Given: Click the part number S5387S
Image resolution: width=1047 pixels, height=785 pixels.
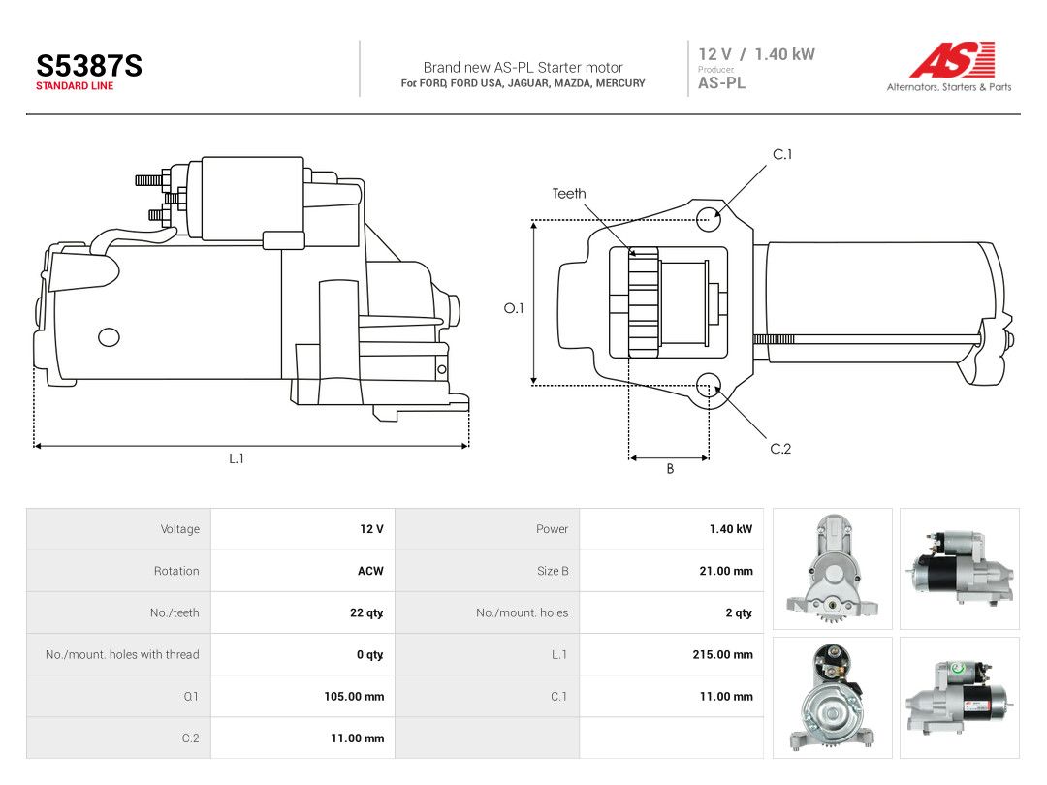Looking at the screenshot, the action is [x=89, y=66].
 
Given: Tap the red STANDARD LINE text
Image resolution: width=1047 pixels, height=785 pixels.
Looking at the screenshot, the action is [x=75, y=86].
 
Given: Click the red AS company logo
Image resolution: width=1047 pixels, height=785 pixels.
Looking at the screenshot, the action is [x=953, y=59].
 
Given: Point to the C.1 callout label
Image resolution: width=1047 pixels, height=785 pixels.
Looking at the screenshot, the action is [x=782, y=154].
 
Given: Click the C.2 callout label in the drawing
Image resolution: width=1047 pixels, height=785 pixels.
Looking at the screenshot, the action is [x=780, y=449].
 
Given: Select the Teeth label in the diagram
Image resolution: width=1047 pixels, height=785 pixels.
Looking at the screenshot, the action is [x=569, y=194].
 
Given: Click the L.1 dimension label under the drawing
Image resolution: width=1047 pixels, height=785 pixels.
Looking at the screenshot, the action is [x=237, y=458].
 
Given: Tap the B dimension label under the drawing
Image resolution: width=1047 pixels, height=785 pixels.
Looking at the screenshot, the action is [x=670, y=469].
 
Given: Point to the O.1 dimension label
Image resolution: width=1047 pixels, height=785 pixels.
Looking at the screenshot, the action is [x=514, y=308].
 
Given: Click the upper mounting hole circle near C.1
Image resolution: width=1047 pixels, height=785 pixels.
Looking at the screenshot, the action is [x=708, y=219].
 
